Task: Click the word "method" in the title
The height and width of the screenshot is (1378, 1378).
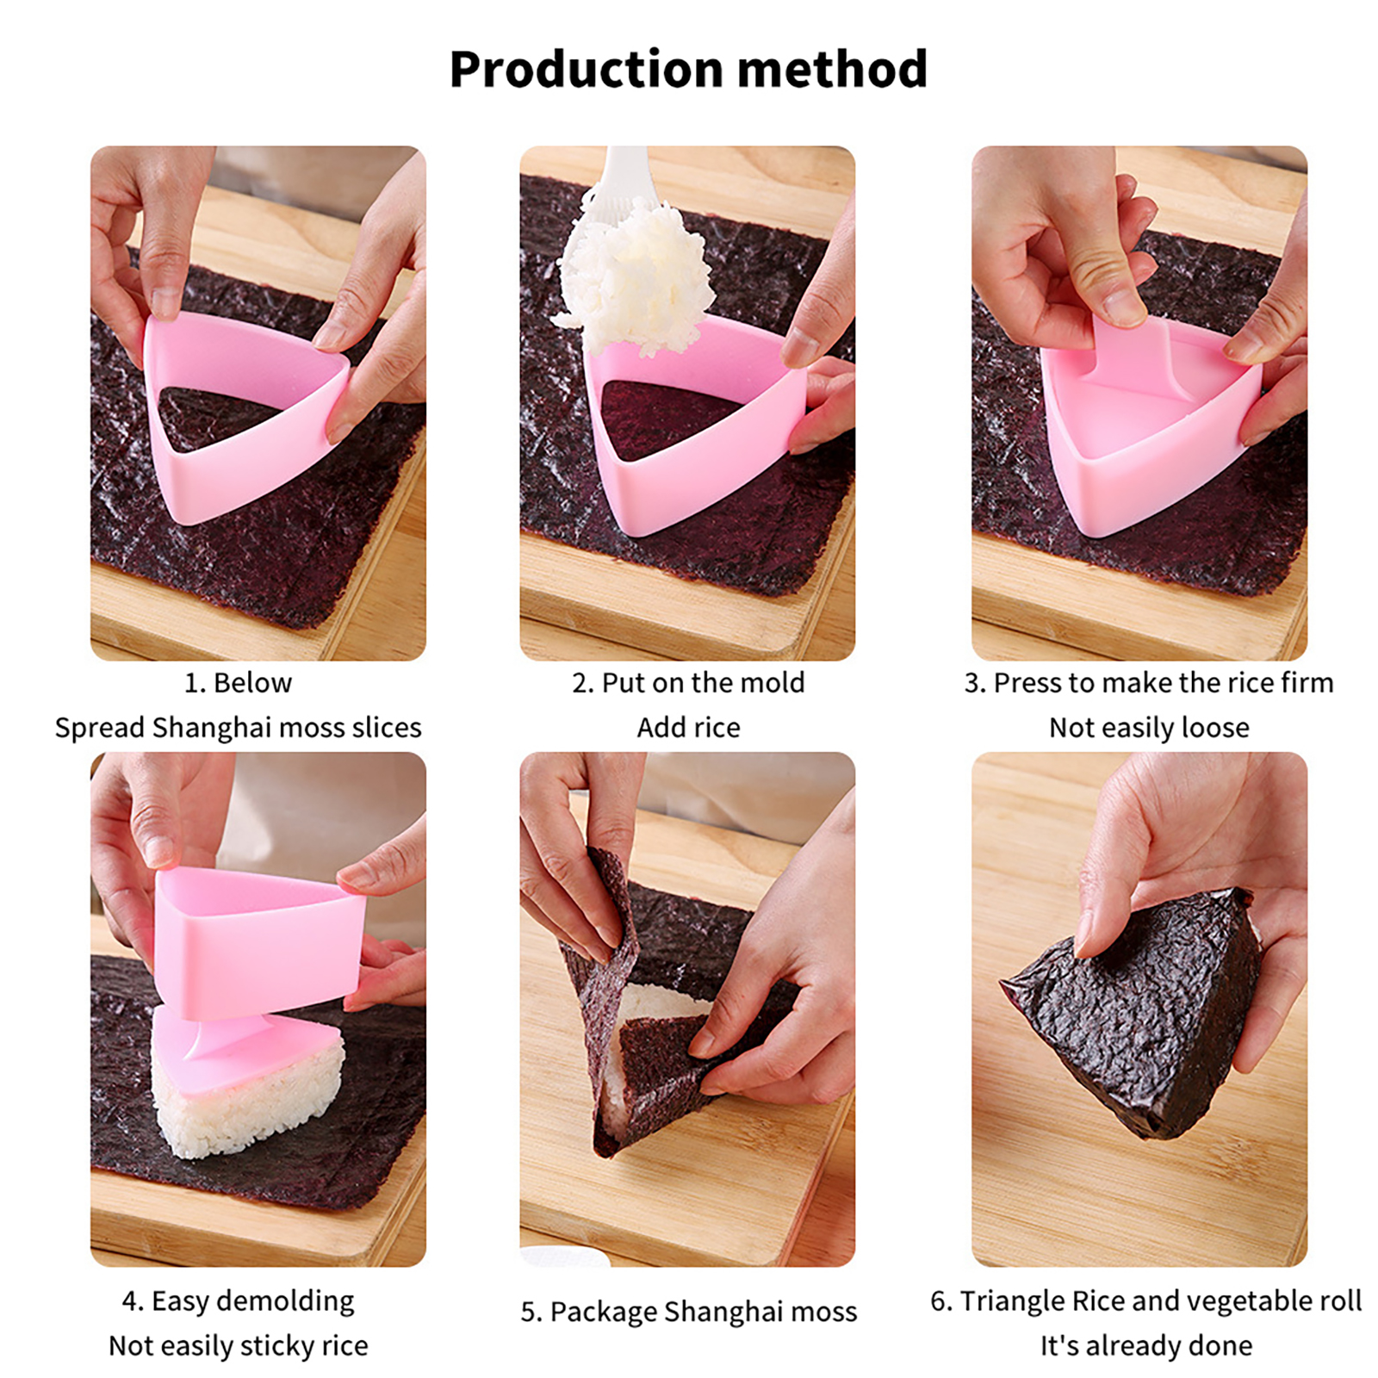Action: tap(833, 69)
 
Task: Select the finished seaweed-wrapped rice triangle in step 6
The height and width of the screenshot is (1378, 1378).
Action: tap(1135, 1012)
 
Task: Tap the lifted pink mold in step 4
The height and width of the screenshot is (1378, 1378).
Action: tap(258, 943)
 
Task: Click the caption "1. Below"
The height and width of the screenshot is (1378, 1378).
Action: tap(238, 683)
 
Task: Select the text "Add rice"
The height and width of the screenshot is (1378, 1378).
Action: tap(688, 728)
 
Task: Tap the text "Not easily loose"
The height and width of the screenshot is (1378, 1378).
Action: tap(1149, 728)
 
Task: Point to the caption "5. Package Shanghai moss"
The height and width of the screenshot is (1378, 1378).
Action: tap(688, 1312)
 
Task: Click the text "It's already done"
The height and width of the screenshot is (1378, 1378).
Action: tap(1146, 1345)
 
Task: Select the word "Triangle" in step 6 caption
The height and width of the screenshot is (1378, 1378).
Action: tap(1012, 1300)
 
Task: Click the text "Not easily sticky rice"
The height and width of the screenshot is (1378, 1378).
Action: tap(238, 1345)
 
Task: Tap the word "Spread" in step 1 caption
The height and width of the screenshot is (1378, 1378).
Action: tap(100, 729)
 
